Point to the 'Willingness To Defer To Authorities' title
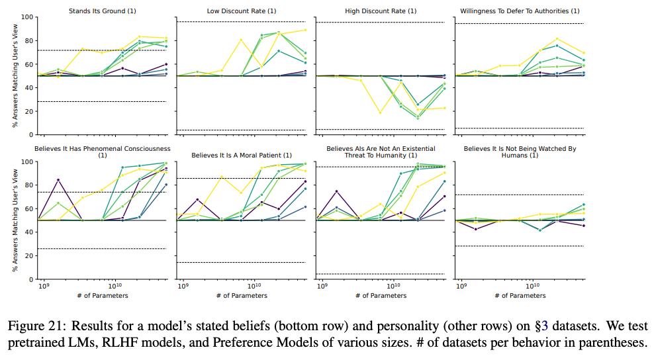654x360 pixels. [520, 11]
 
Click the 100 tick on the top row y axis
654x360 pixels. [27, 17]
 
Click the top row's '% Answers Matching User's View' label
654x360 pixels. [15, 75]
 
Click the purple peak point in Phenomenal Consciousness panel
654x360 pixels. [59, 180]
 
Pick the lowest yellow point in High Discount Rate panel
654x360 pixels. [380, 112]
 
